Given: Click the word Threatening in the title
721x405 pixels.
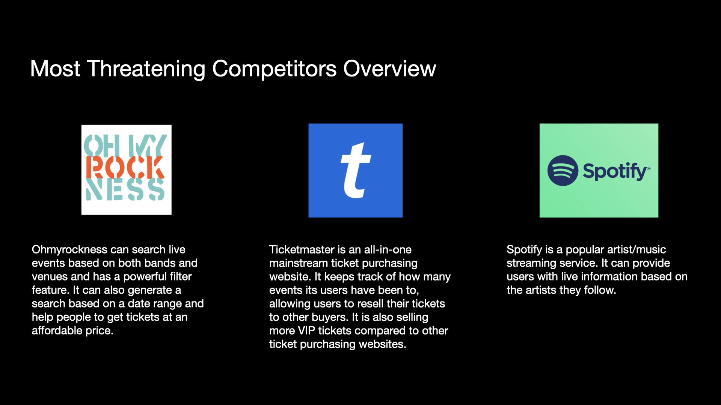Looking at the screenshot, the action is pyautogui.click(x=146, y=69).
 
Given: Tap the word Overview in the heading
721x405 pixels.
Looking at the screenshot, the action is pyautogui.click(x=389, y=69).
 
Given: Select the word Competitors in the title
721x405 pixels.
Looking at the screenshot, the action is pyautogui.click(x=275, y=69).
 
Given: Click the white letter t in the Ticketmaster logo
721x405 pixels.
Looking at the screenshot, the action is pyautogui.click(x=356, y=170).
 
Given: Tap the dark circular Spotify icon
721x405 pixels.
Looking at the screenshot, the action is pyautogui.click(x=563, y=171).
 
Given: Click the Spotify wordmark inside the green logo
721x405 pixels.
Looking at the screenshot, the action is pyautogui.click(x=616, y=171).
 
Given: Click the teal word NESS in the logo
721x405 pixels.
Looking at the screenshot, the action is pyautogui.click(x=125, y=189).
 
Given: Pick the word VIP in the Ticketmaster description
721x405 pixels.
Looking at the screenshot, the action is pyautogui.click(x=306, y=331).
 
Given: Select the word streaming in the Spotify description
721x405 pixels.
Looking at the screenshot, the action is pyautogui.click(x=531, y=263).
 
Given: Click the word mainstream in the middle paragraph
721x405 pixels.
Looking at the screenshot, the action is pyautogui.click(x=299, y=263).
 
